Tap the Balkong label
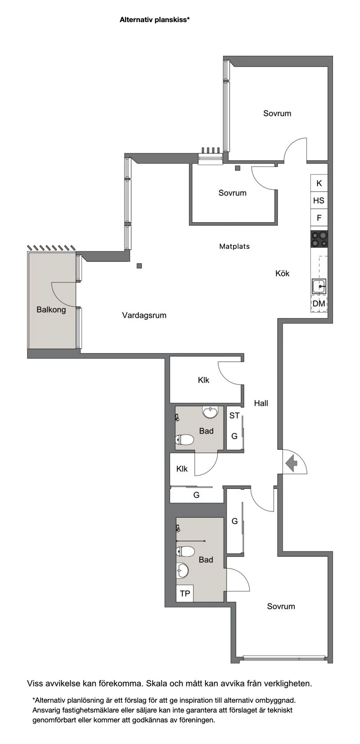[x=51, y=310]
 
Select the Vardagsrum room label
[x=144, y=315]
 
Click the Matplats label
[x=234, y=247]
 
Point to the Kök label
[x=282, y=273]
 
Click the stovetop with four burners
[x=319, y=239]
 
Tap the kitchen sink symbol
[x=319, y=286]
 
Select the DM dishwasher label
[x=319, y=304]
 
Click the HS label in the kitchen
[x=319, y=201]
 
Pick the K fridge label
[x=319, y=184]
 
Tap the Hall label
[x=261, y=403]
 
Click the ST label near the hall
[x=234, y=416]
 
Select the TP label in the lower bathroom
[x=185, y=594]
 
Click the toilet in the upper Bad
[x=184, y=440]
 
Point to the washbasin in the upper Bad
[x=211, y=412]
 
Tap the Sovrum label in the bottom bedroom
[x=281, y=606]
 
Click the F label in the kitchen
[x=319, y=218]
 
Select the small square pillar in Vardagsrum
[x=139, y=266]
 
